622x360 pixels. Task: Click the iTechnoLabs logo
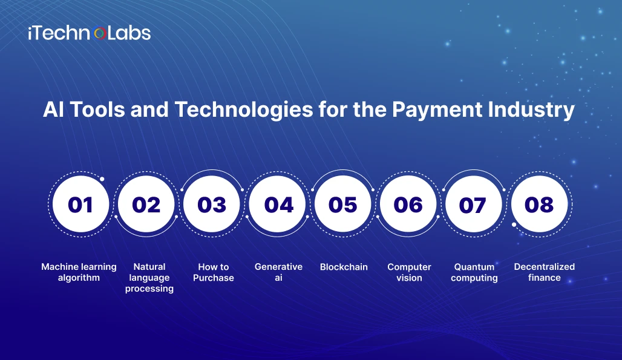pos(90,33)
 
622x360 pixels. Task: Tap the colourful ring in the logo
pos(100,33)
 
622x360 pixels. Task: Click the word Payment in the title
pos(437,110)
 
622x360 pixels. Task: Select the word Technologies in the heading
pos(244,110)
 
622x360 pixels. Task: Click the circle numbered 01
pos(80,204)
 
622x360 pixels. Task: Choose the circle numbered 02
pos(146,204)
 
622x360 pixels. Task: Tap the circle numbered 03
pos(211,204)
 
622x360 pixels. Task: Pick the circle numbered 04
pos(277,204)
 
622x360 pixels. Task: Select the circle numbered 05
pos(342,204)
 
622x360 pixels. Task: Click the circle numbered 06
pos(408,204)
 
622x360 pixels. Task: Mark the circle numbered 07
pos(474,204)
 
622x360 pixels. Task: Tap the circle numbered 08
pos(540,204)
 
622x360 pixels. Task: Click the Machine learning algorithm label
pos(79,272)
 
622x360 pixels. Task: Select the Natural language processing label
pos(149,278)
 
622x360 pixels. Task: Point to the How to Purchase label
pos(214,272)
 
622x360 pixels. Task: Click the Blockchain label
pos(344,267)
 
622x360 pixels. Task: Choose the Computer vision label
pos(410,272)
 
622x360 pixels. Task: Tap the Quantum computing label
pos(474,272)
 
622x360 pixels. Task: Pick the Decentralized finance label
pos(545,272)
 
